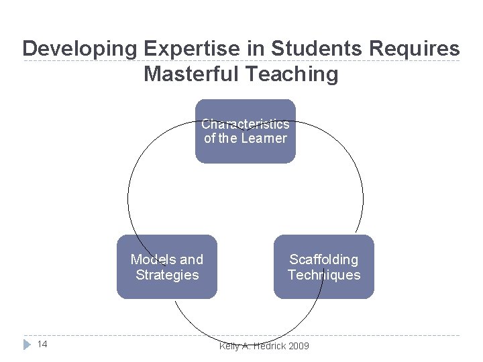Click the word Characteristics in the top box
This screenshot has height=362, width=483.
[x=246, y=124]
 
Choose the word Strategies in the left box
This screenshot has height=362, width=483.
[x=167, y=275]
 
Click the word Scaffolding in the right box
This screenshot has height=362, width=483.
[x=324, y=259]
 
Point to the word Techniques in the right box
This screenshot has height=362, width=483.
[x=324, y=275]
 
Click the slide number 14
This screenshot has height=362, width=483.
[x=42, y=345]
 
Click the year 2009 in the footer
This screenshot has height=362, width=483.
[x=297, y=345]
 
